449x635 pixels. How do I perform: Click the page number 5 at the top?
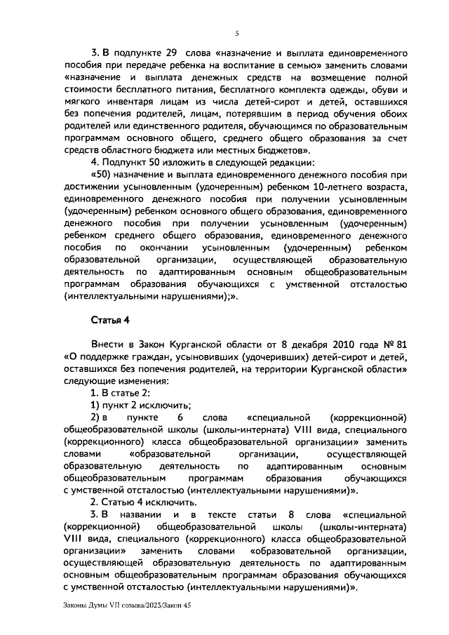pos(236,32)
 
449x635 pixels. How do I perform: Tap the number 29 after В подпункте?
pos(169,53)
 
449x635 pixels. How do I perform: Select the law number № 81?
pos(395,345)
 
